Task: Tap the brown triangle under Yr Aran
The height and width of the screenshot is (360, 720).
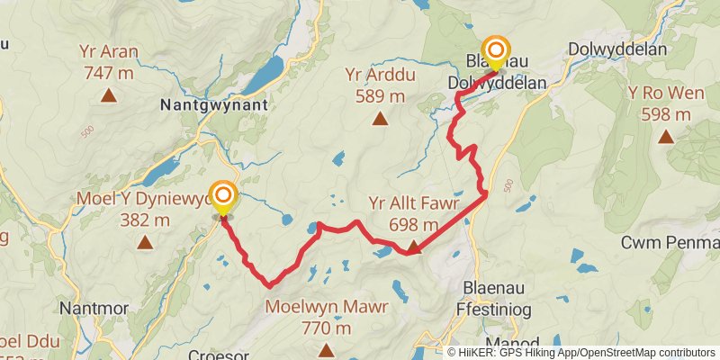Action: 109,94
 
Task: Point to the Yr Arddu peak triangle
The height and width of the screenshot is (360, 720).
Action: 380,117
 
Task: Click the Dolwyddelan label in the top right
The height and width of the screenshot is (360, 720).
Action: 617,49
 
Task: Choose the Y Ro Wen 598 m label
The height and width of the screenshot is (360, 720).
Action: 666,104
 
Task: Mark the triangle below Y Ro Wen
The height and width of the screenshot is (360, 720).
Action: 666,137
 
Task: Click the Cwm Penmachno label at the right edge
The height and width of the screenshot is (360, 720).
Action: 670,243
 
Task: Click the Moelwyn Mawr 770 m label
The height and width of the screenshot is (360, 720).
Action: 326,318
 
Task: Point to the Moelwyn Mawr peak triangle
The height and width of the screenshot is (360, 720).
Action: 326,351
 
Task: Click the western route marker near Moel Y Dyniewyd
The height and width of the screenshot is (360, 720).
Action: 222,196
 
